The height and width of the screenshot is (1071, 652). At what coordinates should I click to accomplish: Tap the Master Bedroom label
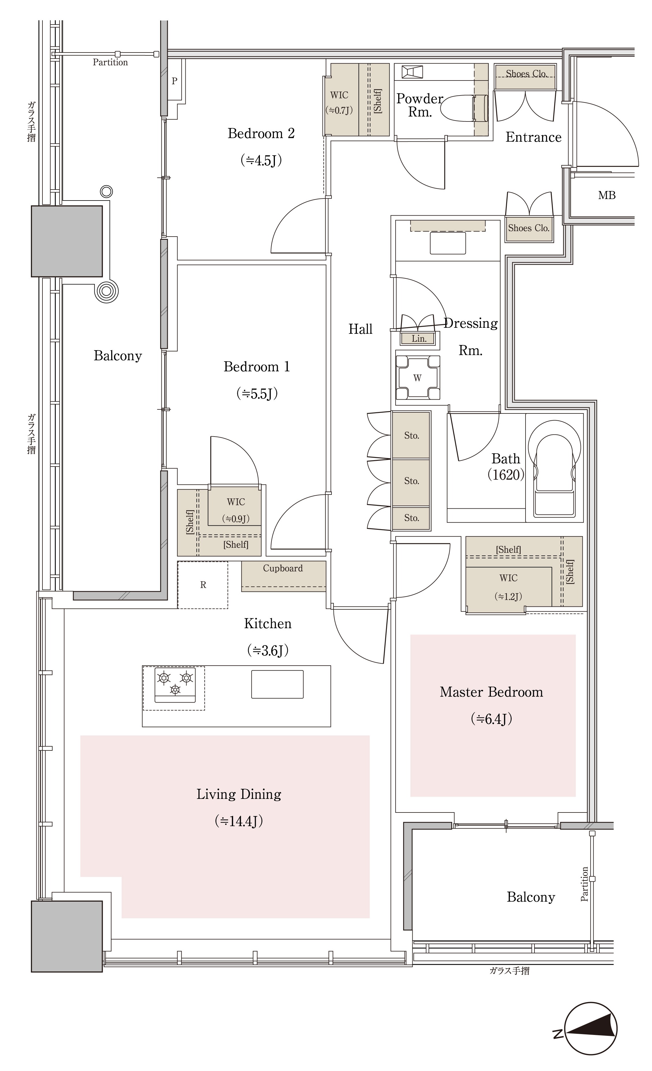(491, 692)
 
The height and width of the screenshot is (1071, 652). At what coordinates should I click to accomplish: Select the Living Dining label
(239, 794)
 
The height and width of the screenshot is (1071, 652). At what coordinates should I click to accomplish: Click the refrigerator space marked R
(203, 585)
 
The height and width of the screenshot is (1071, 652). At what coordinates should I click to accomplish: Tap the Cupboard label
(283, 568)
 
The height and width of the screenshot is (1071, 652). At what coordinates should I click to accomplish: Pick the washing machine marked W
(418, 377)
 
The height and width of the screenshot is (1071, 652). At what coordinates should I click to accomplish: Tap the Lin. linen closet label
(419, 339)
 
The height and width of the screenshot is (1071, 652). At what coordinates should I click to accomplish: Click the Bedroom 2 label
(261, 133)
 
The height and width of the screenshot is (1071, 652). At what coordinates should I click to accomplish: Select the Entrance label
(533, 137)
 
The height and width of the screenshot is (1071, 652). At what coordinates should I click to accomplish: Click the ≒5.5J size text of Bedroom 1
(257, 394)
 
